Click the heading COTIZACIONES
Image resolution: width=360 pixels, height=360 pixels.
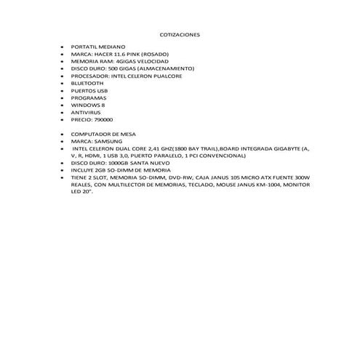tap(180, 34)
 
